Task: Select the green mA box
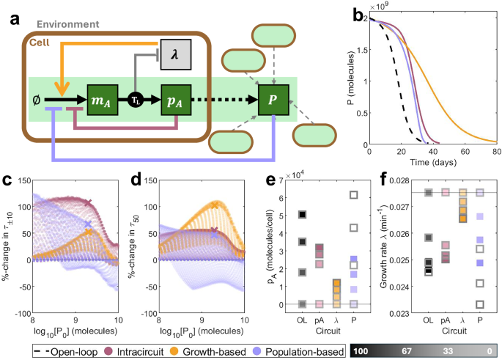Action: (102, 99)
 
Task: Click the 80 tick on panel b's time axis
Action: (496, 152)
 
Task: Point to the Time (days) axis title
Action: (430, 162)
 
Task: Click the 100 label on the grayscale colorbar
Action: (363, 353)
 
